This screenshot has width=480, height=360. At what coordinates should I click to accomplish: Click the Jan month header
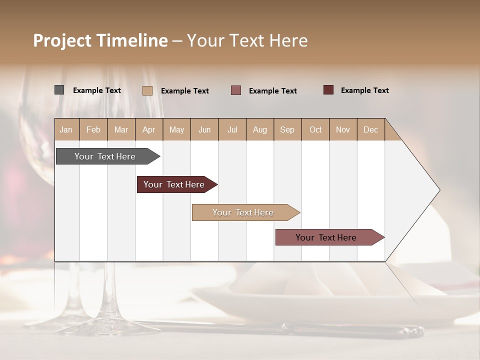pyautogui.click(x=66, y=129)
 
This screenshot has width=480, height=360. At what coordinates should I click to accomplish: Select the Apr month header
pyautogui.click(x=148, y=129)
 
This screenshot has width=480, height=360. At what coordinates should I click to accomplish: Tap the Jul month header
pyautogui.click(x=232, y=129)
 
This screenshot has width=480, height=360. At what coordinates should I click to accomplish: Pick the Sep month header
pyautogui.click(x=287, y=129)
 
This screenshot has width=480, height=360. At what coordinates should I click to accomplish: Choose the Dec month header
pyautogui.click(x=370, y=129)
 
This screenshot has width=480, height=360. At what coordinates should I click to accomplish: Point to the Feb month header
pyautogui.click(x=93, y=129)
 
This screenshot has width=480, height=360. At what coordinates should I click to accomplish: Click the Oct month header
pyautogui.click(x=315, y=129)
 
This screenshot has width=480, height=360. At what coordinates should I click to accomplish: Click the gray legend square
pyautogui.click(x=59, y=90)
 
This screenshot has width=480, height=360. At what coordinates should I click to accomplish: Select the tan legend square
pyautogui.click(x=147, y=90)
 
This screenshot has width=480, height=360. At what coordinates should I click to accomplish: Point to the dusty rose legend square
pyautogui.click(x=236, y=90)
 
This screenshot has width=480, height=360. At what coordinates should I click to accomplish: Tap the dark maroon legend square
pyautogui.click(x=328, y=90)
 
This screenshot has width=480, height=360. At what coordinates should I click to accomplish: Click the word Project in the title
pyautogui.click(x=62, y=40)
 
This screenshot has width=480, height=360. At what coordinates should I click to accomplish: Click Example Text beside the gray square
pyautogui.click(x=97, y=90)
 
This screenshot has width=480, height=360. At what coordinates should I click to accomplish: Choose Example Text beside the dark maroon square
pyautogui.click(x=365, y=90)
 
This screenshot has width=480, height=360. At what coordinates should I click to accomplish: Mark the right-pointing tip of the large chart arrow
pyautogui.click(x=438, y=190)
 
